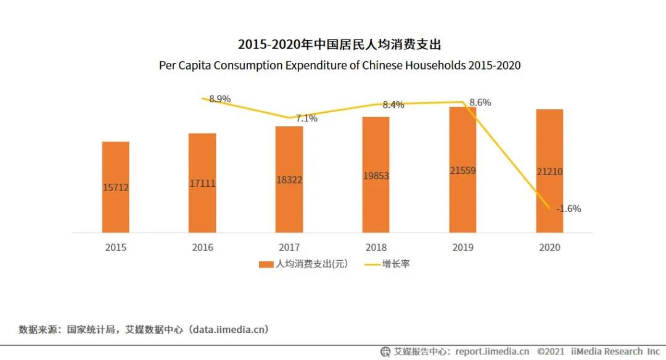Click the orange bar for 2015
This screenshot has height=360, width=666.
click(x=116, y=187)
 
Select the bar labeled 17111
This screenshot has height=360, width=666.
click(x=202, y=183)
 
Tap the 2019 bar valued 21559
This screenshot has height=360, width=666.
click(x=462, y=170)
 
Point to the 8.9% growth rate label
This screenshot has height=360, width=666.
click(x=220, y=99)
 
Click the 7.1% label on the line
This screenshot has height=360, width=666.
click(x=306, y=118)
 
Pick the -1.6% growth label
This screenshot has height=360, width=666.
click(x=568, y=208)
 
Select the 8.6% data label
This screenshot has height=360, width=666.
click(x=480, y=103)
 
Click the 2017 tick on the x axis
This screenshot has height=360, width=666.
click(x=289, y=248)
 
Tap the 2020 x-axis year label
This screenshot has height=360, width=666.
click(x=549, y=248)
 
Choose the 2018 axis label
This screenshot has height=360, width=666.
click(x=376, y=248)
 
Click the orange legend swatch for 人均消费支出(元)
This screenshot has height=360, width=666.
click(x=266, y=264)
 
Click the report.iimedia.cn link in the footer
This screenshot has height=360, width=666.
click(x=492, y=351)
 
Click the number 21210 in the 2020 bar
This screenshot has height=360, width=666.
click(x=549, y=172)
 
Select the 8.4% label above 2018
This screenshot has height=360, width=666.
click(x=393, y=105)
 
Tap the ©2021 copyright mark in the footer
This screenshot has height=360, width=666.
click(x=551, y=351)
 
